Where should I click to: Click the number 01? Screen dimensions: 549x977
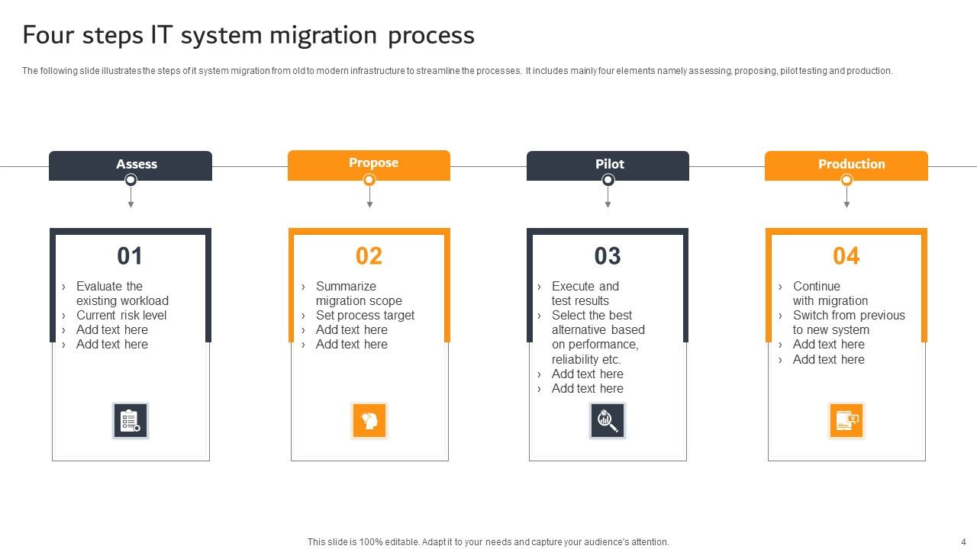130,256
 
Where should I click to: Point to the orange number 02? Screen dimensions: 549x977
369,256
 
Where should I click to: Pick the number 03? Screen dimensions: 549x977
608,256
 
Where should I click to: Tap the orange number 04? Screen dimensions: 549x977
846,256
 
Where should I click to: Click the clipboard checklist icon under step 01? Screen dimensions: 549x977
131,421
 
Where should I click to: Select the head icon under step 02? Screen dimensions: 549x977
369,421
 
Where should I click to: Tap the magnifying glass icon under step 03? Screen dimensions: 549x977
608,421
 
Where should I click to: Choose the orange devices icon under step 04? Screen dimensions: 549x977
846,421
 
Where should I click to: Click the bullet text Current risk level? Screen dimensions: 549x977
121,316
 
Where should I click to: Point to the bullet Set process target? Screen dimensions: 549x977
365,316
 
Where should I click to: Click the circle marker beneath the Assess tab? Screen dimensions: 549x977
131,180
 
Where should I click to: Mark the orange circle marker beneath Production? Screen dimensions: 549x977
846,180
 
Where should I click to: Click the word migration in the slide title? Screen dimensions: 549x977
332,35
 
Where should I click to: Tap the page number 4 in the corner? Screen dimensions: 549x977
963,542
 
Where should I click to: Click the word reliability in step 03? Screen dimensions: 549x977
575,359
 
